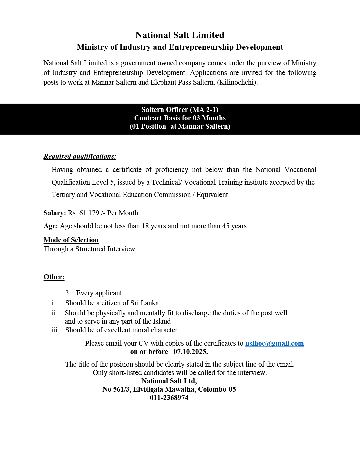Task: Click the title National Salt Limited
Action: click(x=180, y=35)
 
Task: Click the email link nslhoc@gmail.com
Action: click(x=274, y=343)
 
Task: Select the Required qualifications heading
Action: click(x=80, y=156)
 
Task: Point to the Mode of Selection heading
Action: click(x=71, y=240)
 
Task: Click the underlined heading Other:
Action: click(x=54, y=277)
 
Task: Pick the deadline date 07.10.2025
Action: click(x=190, y=352)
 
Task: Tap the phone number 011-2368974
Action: click(x=169, y=398)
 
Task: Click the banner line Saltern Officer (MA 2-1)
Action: click(x=180, y=110)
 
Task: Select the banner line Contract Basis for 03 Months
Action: click(x=180, y=118)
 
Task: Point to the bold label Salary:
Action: click(x=55, y=213)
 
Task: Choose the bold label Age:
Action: click(x=51, y=226)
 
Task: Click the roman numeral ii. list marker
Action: click(x=54, y=313)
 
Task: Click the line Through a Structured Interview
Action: click(x=89, y=249)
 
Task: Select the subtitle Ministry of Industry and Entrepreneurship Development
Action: click(x=180, y=47)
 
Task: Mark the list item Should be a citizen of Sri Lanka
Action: click(x=112, y=303)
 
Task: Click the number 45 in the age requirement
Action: click(x=226, y=226)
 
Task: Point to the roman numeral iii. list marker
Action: click(x=55, y=330)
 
